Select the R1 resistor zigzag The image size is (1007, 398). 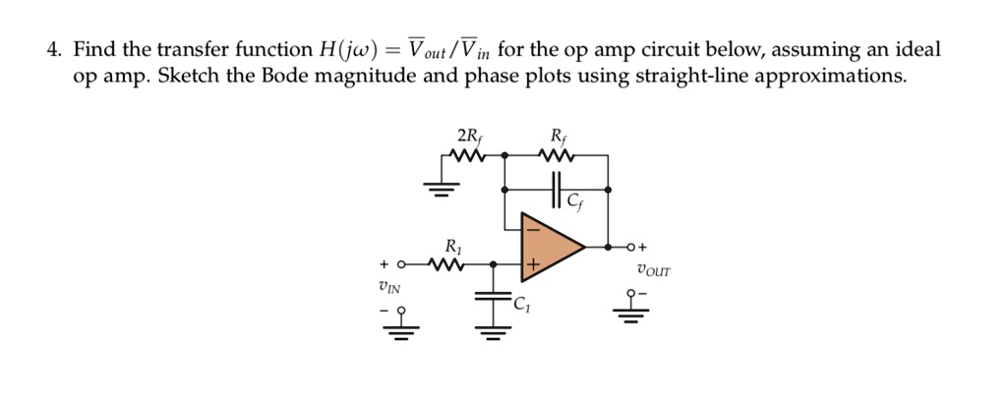tap(452, 265)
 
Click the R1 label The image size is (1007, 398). tap(452, 245)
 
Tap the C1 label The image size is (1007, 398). tap(520, 307)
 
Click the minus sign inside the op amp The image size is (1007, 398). tap(532, 228)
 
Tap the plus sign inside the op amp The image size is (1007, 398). tap(533, 264)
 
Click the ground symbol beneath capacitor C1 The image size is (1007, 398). tap(492, 331)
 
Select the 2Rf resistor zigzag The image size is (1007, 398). tap(469, 154)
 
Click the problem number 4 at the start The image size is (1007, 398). tap(55, 49)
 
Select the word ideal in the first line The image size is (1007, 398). tap(916, 49)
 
